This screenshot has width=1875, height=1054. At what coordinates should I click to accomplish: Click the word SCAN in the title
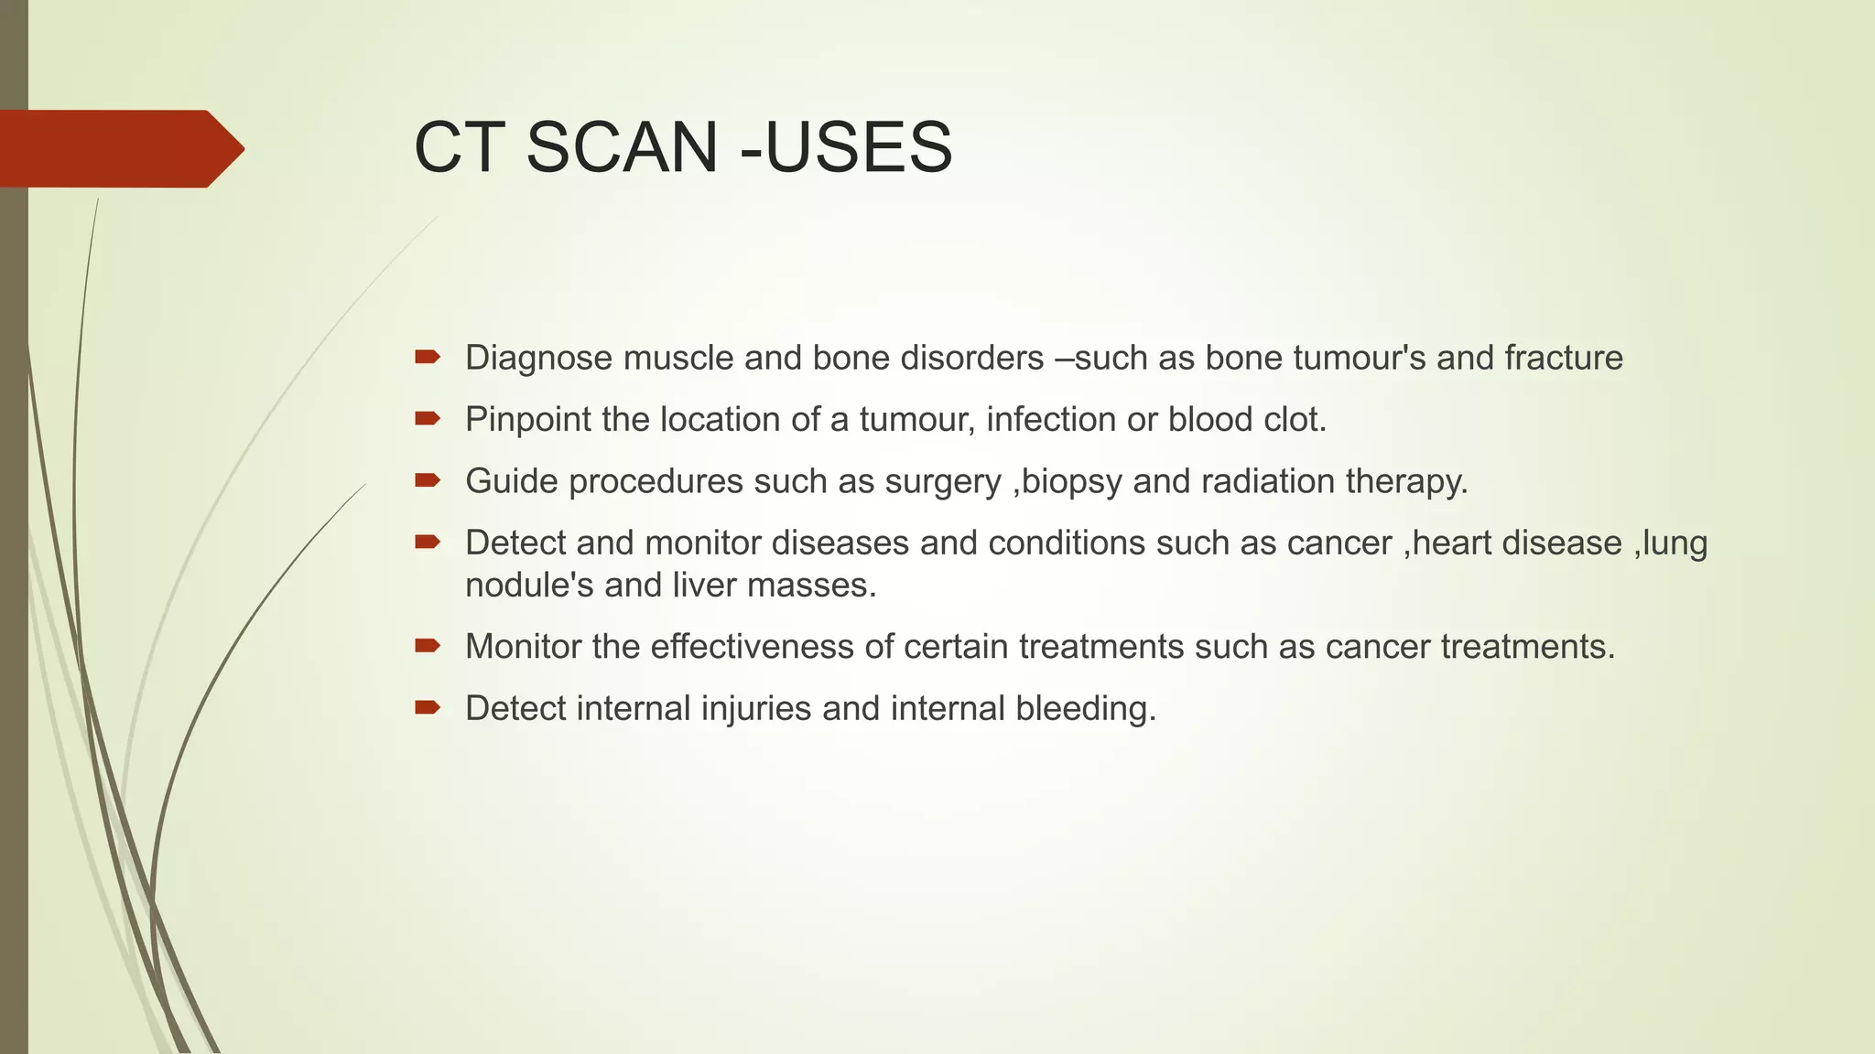pyautogui.click(x=622, y=147)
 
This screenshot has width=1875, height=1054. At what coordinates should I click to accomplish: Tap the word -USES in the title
pyautogui.click(x=846, y=147)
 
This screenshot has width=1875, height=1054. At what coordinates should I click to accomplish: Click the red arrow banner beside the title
pyautogui.click(x=119, y=148)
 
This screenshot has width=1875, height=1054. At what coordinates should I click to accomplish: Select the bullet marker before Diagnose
pyautogui.click(x=428, y=357)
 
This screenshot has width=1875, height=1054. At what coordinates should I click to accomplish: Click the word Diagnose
pyautogui.click(x=538, y=358)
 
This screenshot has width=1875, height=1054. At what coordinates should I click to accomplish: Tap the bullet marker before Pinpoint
pyautogui.click(x=428, y=419)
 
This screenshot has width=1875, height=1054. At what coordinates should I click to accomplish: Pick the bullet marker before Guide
pyautogui.click(x=428, y=480)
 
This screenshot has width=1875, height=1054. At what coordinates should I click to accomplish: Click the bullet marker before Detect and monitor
pyautogui.click(x=428, y=543)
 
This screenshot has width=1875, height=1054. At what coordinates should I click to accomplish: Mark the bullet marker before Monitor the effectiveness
pyautogui.click(x=428, y=646)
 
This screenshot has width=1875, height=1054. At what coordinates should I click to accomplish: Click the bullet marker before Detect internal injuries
pyautogui.click(x=428, y=707)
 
